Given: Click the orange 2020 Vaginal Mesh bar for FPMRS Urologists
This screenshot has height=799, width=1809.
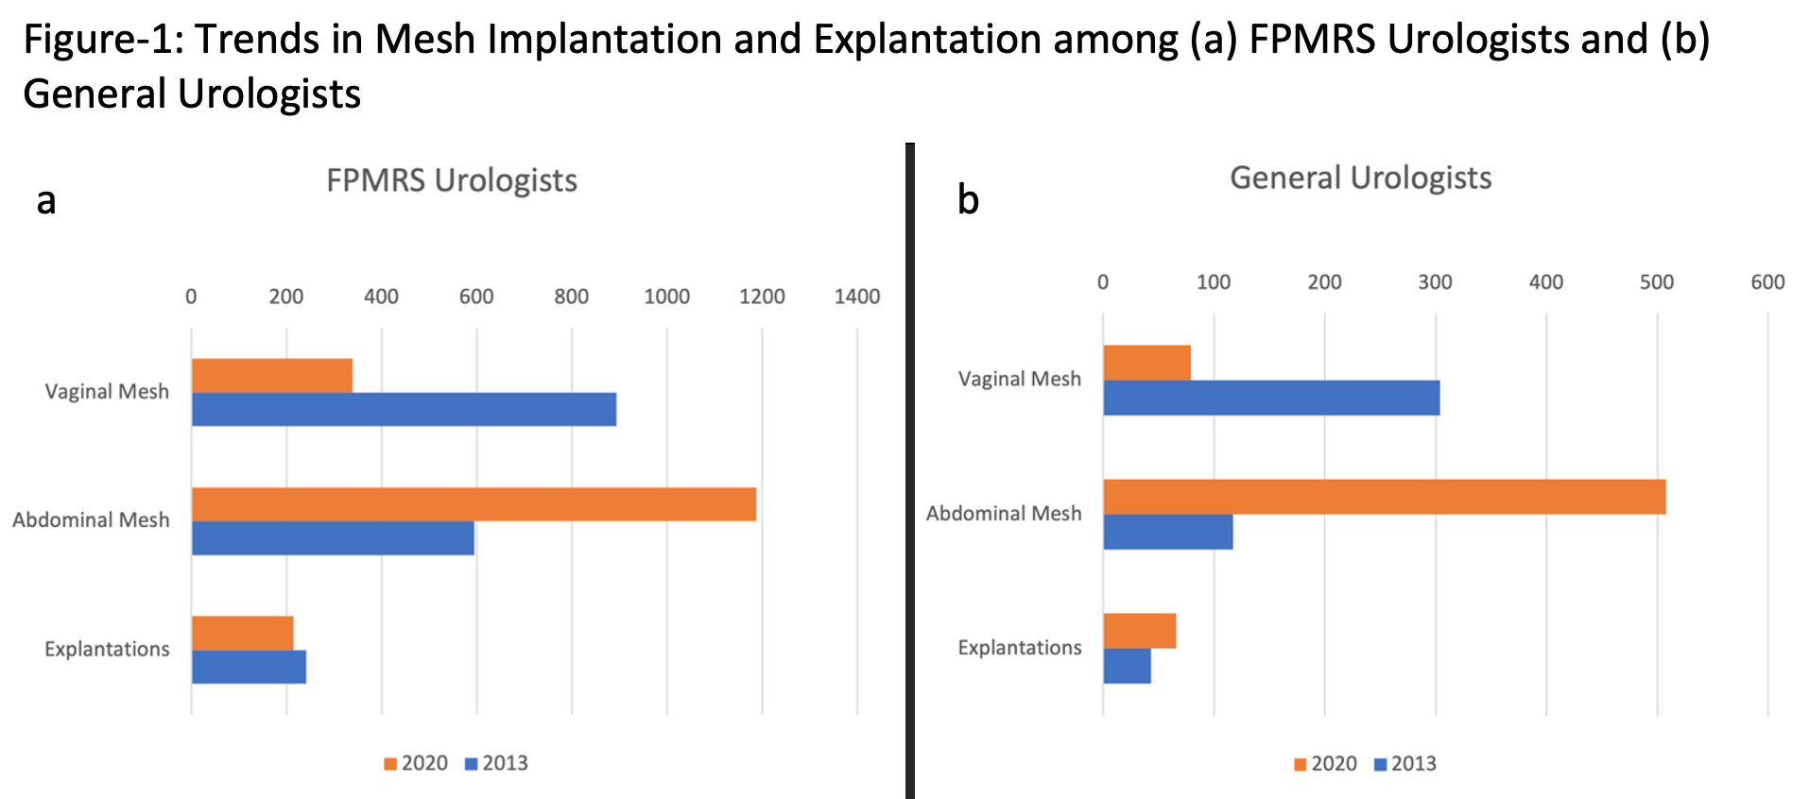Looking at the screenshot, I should (x=272, y=375).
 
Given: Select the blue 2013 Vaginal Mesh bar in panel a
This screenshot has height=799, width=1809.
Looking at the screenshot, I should (x=404, y=409).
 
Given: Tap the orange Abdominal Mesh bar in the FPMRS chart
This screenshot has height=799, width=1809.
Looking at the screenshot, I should (x=474, y=504).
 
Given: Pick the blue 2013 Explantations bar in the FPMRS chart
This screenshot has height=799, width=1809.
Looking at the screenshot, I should (x=249, y=667).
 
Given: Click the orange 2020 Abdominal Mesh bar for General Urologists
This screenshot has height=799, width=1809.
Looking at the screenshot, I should (x=1384, y=497).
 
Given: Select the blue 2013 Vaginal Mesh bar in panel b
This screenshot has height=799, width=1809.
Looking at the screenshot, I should (x=1271, y=398).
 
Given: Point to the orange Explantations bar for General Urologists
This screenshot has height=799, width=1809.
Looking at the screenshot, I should (x=1140, y=631).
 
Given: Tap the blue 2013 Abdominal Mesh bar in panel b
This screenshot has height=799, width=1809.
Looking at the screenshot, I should (x=1168, y=532).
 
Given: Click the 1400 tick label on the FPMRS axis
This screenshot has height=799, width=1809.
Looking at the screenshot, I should (x=856, y=297).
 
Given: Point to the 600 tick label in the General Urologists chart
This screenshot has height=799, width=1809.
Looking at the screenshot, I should (x=1767, y=281).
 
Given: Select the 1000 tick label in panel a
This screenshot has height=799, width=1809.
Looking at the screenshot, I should (x=666, y=297).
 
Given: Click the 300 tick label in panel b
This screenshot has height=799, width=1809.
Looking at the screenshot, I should (x=1435, y=281).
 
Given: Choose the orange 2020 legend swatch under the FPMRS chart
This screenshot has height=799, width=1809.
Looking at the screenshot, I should (x=390, y=764).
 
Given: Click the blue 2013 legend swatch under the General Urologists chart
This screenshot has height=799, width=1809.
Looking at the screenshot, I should (x=1380, y=764).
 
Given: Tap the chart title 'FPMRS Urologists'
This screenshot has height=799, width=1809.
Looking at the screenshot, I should (x=452, y=180).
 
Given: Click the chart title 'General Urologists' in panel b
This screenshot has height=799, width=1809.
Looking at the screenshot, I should (x=1360, y=178).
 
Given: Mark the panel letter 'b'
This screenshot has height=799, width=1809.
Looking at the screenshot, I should (x=968, y=199).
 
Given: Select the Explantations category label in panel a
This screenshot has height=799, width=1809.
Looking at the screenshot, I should (x=107, y=649).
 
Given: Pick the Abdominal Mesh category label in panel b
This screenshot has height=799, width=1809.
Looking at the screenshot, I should (x=1004, y=514).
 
